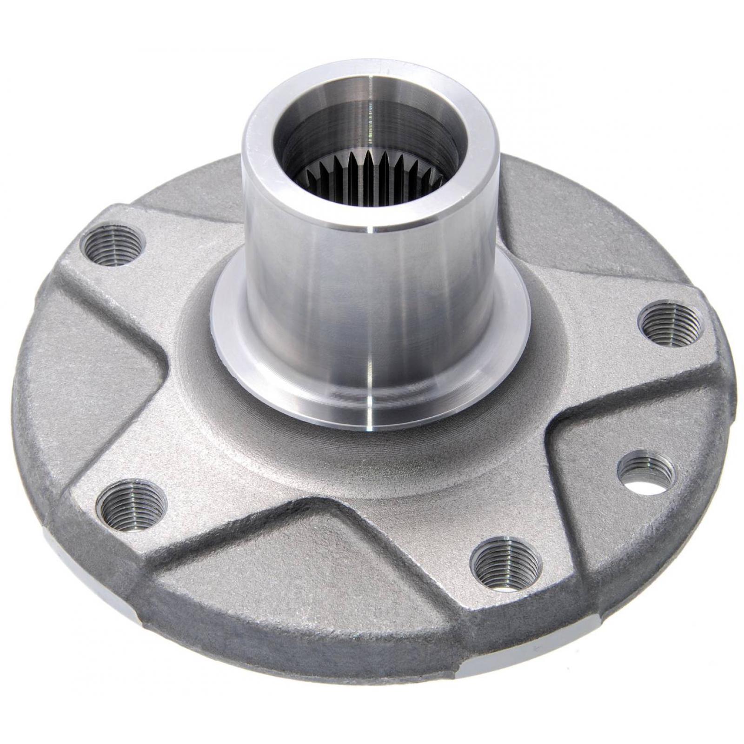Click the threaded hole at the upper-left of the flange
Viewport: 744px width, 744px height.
113,243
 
